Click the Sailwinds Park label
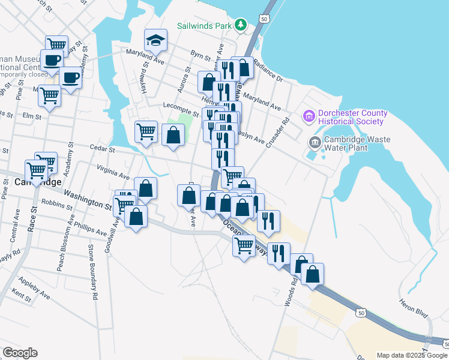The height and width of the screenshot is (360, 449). pyautogui.click(x=204, y=26)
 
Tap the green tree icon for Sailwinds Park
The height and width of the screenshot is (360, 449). pyautogui.click(x=241, y=25)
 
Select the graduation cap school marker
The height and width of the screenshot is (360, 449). pyautogui.click(x=156, y=40)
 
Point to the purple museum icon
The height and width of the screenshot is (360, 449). pyautogui.click(x=310, y=115)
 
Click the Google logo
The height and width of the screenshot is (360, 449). pyautogui.click(x=20, y=353)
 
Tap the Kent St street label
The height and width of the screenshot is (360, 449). pyautogui.click(x=21, y=296)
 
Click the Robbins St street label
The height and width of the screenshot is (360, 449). pyautogui.click(x=58, y=205)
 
